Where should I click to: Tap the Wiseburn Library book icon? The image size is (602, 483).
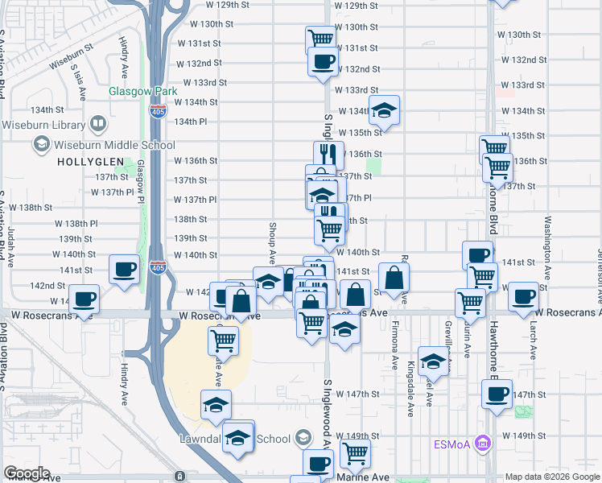tap(98, 125)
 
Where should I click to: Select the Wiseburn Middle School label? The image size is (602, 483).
tap(113, 145)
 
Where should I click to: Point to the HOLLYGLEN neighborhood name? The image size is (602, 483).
tap(90, 162)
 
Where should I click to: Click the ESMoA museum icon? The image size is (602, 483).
tap(482, 442)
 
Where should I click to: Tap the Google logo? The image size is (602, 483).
tap(26, 473)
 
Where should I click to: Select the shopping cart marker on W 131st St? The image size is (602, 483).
tap(320, 39)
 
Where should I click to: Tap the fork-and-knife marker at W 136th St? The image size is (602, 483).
tap(328, 155)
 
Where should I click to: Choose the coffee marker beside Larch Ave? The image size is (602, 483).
tap(523, 295)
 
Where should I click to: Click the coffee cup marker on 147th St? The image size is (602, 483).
tap(497, 394)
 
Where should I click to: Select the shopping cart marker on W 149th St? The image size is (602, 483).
tap(354, 453)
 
